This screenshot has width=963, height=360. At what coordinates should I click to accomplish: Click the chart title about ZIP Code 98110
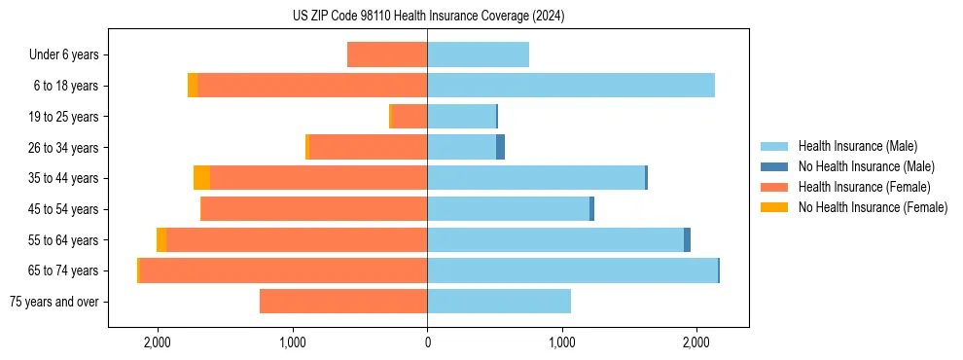(428, 17)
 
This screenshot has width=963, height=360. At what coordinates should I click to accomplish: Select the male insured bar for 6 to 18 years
(571, 86)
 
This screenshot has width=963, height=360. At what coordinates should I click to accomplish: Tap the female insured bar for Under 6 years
(387, 54)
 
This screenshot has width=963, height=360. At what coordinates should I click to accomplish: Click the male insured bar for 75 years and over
(499, 302)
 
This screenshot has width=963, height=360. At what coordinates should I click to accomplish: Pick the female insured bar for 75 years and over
(343, 302)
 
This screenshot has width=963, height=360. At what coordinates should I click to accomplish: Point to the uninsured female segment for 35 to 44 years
(201, 178)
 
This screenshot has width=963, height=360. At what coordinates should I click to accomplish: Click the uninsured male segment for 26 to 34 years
(500, 147)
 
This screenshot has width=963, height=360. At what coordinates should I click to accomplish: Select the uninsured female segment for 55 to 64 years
(161, 240)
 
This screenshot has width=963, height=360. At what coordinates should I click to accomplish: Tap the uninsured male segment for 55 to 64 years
(687, 240)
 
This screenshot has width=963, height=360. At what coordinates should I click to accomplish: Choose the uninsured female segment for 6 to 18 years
(193, 86)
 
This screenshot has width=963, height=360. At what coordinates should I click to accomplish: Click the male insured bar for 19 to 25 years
(462, 117)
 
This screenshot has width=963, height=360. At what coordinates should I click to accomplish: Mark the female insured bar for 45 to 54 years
(314, 209)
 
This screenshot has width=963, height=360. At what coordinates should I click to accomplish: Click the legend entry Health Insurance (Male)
(857, 146)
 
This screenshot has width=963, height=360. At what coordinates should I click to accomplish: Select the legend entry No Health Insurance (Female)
(873, 207)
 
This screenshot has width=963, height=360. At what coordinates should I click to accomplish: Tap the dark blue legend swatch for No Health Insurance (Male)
(775, 166)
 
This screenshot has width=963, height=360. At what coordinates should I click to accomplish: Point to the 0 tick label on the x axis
(427, 343)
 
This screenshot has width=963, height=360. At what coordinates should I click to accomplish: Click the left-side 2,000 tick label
(157, 343)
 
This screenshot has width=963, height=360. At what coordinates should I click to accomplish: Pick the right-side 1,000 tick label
(561, 343)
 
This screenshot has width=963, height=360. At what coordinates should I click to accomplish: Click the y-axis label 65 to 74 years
(63, 270)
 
